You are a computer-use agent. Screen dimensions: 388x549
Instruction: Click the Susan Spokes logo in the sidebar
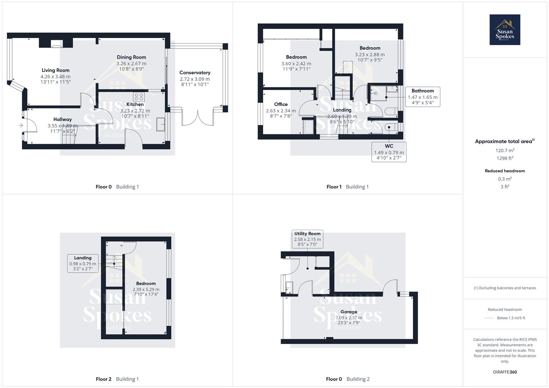[504, 30]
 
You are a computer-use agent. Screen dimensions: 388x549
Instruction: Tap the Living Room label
[55, 70]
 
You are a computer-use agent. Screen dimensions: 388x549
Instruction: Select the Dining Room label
[131, 57]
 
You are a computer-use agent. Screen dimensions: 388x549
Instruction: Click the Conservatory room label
[195, 73]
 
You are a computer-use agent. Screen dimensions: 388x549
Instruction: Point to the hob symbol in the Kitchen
[139, 97]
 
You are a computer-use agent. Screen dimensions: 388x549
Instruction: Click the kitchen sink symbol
[160, 124]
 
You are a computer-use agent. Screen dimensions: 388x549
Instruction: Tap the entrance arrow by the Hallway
[21, 125]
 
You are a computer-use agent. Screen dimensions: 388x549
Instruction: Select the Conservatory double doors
[197, 118]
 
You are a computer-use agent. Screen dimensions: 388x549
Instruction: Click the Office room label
[281, 105]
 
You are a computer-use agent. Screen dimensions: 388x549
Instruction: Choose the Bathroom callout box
[422, 97]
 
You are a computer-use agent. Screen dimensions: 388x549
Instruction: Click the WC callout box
[389, 152]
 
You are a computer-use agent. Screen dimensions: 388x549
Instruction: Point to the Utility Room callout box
[307, 239]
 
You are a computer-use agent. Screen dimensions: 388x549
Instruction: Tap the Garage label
[349, 312]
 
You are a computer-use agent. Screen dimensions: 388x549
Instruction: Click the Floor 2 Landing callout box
[83, 263]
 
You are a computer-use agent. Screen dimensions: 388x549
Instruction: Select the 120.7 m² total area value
[505, 151]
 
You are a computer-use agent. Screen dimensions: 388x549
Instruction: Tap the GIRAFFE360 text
[505, 372]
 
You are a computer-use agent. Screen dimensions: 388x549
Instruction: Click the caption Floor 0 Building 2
[348, 379]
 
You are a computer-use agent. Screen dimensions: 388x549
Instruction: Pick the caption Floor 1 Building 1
[348, 187]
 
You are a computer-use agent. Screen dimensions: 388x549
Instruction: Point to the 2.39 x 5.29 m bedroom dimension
[146, 289]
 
